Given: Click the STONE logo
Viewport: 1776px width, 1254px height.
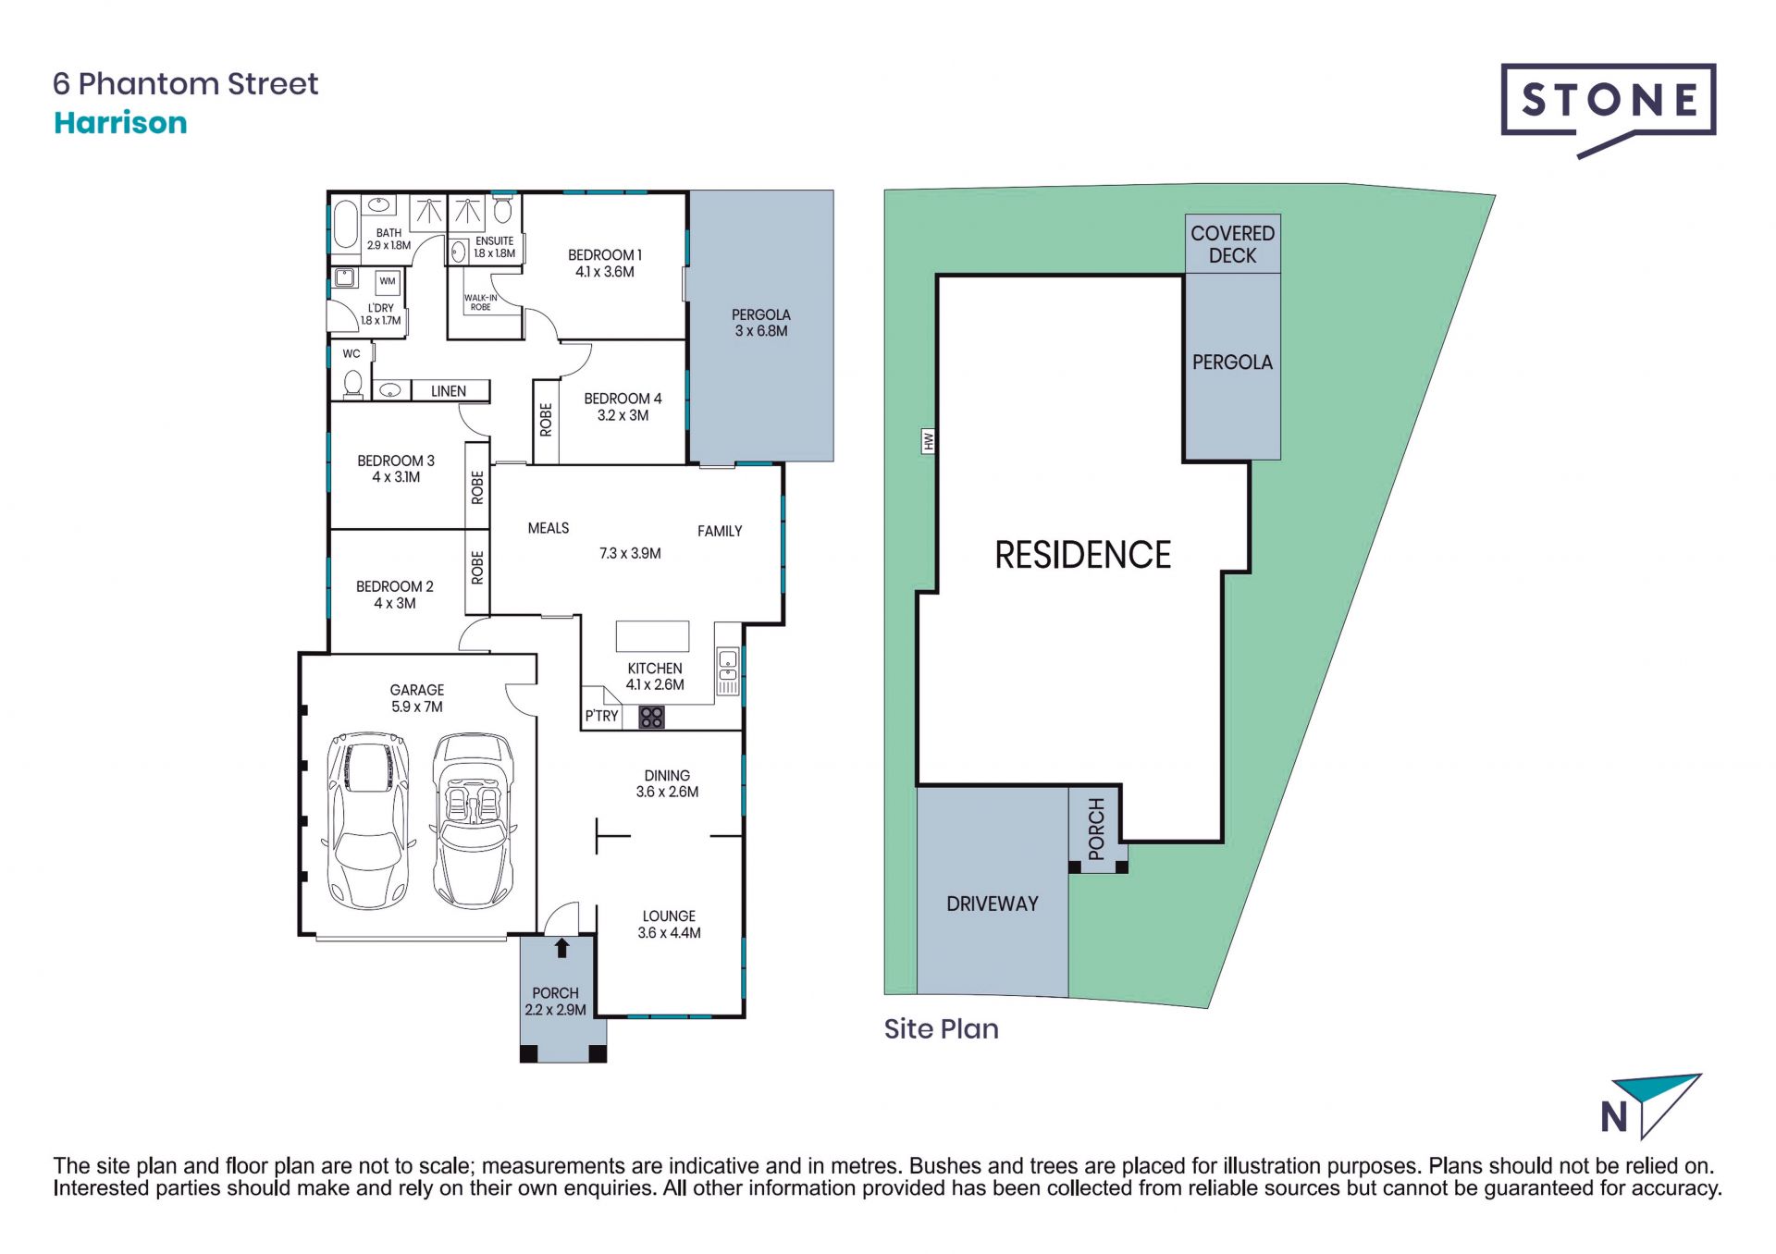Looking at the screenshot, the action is (1608, 109).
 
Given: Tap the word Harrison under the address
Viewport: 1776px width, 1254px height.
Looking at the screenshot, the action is (120, 123).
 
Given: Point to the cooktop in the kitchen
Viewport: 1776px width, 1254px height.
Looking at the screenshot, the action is (651, 717).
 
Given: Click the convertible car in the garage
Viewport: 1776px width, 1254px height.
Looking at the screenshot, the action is (474, 821).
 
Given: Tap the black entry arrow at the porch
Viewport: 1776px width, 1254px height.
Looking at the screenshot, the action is (561, 948).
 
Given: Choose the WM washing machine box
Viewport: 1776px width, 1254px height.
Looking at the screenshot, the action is (388, 281).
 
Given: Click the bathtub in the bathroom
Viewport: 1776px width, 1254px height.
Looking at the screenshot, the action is (345, 223).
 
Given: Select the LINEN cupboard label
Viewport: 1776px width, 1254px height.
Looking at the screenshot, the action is (449, 391).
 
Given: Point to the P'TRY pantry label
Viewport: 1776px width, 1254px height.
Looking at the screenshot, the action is (601, 716).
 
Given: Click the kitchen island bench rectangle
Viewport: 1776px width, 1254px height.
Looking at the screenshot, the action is (653, 636).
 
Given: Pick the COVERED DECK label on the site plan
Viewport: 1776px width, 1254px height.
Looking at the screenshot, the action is (1232, 244).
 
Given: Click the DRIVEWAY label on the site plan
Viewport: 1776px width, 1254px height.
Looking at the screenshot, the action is (992, 904).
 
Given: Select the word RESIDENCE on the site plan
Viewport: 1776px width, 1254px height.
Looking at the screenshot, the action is (1082, 555).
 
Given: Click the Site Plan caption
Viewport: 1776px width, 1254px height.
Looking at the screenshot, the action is (941, 1028).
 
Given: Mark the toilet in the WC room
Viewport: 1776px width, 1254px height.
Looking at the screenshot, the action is (352, 382).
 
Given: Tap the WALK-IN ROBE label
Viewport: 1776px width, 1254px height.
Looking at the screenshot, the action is (480, 302).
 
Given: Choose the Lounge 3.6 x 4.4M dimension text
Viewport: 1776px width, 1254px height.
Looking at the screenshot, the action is (669, 933).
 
